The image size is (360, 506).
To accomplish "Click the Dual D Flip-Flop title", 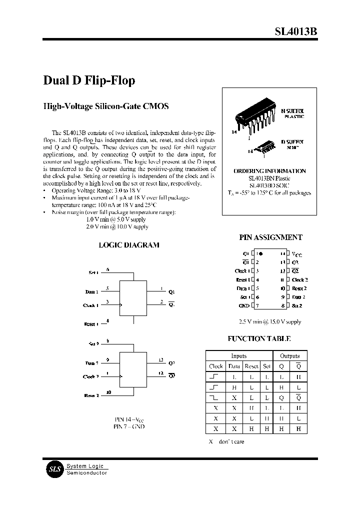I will pos(89,80).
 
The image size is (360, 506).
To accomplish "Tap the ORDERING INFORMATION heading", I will pos(269,171).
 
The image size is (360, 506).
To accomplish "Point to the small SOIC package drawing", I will pos(261,146).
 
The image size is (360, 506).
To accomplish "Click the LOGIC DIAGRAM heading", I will pos(129,245).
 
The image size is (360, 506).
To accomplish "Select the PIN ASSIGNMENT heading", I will pos(271,238).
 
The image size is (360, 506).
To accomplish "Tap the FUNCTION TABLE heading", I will pos(259,338).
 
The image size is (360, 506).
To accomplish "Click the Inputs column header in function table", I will pos(238,356).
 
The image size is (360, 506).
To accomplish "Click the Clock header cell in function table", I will pos(215,366).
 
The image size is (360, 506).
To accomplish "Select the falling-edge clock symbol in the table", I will pos(215,397).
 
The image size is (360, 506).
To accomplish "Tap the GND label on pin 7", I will pos(244,305).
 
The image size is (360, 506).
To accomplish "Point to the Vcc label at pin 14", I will pos(297,254).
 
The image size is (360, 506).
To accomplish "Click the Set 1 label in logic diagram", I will pos(93,272).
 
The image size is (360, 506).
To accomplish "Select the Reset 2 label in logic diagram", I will pos(91,395).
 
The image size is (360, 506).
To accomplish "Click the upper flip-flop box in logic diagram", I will pos(133,298).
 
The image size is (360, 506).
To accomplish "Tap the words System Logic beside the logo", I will pos(85,466).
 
